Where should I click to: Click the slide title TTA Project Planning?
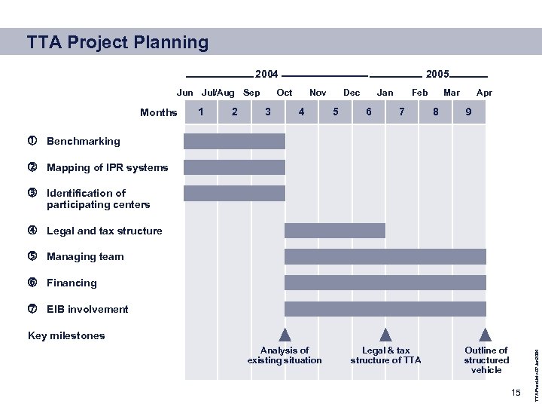pyautogui.click(x=117, y=42)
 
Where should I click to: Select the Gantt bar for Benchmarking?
pyautogui.click(x=234, y=141)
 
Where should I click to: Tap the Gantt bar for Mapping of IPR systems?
pyautogui.click(x=234, y=167)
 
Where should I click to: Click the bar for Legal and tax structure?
pyautogui.click(x=334, y=231)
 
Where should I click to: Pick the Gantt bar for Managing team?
pyautogui.click(x=385, y=256)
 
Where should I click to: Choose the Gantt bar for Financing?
pyautogui.click(x=385, y=283)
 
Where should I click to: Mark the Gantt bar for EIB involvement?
pyautogui.click(x=385, y=309)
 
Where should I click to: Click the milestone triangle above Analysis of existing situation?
pyautogui.click(x=285, y=335)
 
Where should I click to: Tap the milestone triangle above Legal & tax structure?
pyautogui.click(x=385, y=335)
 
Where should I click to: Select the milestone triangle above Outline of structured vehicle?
pyautogui.click(x=486, y=335)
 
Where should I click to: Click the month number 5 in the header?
pyautogui.click(x=335, y=112)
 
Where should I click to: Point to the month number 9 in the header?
pyautogui.click(x=469, y=112)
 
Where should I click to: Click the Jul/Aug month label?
pyautogui.click(x=218, y=93)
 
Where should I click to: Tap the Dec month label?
pyautogui.click(x=352, y=93)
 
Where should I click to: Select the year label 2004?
pyautogui.click(x=266, y=75)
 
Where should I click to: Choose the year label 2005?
pyautogui.click(x=437, y=75)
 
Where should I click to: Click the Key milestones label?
pyautogui.click(x=66, y=335)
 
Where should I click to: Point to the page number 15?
pyautogui.click(x=515, y=393)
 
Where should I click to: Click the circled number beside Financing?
pyautogui.click(x=32, y=283)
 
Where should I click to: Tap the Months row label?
pyautogui.click(x=158, y=113)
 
